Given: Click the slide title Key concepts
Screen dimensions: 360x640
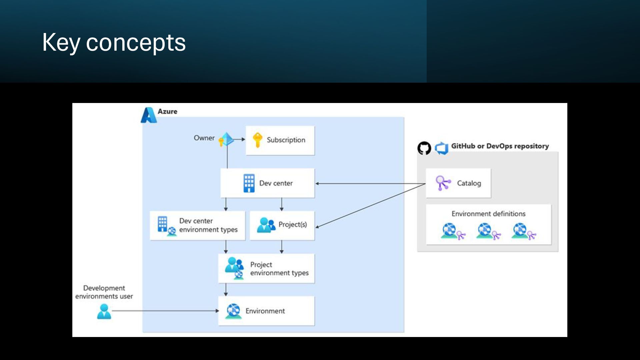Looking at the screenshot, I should tap(114, 42).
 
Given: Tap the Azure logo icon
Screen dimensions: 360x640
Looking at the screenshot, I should tap(149, 115).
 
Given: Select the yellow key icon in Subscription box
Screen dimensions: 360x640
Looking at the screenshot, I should tap(257, 140).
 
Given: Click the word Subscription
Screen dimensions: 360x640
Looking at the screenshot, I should tap(286, 140).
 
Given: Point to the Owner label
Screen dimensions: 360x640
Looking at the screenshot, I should tap(204, 138).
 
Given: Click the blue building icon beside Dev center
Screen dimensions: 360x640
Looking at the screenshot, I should tap(249, 183).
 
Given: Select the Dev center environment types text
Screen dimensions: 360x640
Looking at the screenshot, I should tap(208, 225).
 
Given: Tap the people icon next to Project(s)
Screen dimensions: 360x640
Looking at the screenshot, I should tap(266, 225).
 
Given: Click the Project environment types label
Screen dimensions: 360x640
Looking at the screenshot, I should tap(279, 269).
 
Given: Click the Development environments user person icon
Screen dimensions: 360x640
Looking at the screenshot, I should tap(104, 311).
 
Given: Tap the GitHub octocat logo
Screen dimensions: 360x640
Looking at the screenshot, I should tap(424, 148).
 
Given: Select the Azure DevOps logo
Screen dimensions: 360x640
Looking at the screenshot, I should tap(442, 148).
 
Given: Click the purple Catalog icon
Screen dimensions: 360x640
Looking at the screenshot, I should tap(443, 183).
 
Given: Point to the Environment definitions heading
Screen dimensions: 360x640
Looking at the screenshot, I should tap(488, 214).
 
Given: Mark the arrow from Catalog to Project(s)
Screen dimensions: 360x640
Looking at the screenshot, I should tap(370, 206).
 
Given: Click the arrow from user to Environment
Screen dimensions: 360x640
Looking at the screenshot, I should tap(165, 311).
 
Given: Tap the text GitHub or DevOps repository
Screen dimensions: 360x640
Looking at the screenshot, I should tap(500, 146).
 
